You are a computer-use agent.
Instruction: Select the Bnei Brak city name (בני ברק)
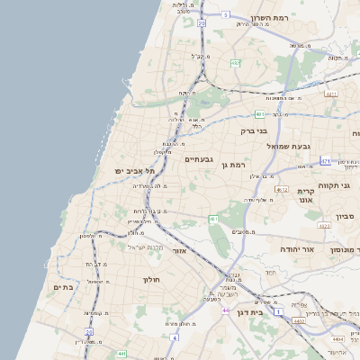(x=255, y=130)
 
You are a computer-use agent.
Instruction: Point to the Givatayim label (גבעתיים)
(x=198, y=158)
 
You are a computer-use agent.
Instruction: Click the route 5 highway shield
(x=225, y=14)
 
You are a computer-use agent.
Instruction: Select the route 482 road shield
(x=236, y=63)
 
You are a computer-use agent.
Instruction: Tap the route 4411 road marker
(x=331, y=94)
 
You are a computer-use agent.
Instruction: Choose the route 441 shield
(x=121, y=355)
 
